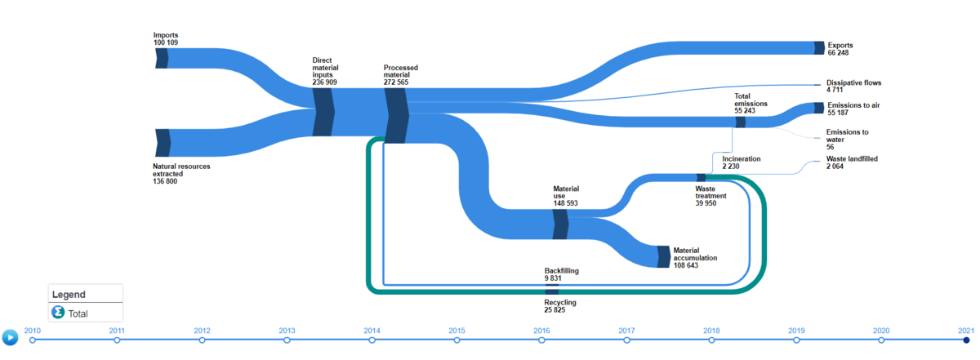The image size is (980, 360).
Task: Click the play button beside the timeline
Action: (x=10, y=337)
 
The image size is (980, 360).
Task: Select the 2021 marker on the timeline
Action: (x=966, y=340)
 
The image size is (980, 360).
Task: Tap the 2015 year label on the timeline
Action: (x=457, y=331)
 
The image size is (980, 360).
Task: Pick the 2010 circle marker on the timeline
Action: (x=33, y=340)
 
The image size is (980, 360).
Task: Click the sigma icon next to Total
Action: (x=58, y=313)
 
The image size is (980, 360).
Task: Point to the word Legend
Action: (x=69, y=295)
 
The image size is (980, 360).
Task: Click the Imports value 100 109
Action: (x=165, y=42)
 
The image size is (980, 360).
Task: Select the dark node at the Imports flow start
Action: (x=162, y=58)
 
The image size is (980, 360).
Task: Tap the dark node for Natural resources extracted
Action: (x=163, y=143)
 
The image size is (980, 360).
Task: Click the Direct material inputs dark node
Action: (x=323, y=112)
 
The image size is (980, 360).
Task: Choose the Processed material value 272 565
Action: (x=396, y=82)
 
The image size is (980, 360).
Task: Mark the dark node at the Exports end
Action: (x=819, y=47)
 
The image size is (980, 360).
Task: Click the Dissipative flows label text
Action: (x=853, y=82)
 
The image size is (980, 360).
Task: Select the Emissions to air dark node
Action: (x=819, y=108)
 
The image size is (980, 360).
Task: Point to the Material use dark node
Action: (x=560, y=224)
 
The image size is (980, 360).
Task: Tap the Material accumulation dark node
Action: (x=664, y=257)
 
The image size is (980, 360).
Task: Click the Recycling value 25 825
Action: (x=555, y=309)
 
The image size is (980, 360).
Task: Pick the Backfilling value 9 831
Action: (x=553, y=278)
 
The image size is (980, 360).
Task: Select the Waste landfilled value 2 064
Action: (x=835, y=167)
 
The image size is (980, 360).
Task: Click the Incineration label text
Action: (x=742, y=159)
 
